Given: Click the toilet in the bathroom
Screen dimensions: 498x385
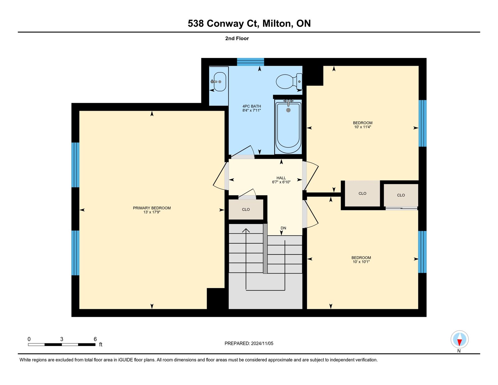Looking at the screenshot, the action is tap(289, 81).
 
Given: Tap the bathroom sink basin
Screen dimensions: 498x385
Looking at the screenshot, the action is tap(219, 82).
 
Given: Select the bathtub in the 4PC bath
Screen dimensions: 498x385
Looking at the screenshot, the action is tap(288, 126).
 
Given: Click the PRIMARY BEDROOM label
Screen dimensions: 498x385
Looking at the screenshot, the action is tap(152, 208).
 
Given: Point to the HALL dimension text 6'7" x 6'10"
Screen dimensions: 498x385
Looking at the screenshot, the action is tap(281, 182).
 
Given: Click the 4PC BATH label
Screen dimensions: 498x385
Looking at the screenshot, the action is tap(251, 106).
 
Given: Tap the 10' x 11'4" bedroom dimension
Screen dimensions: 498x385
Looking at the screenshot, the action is tap(363, 127).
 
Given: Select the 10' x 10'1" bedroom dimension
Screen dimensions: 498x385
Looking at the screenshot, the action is tap(361, 262).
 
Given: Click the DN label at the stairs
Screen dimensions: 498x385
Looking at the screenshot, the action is tap(283, 228).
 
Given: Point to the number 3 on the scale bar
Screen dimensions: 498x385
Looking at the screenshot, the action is tap(62, 339).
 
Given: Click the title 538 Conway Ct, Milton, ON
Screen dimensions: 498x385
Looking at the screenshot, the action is tap(249, 23).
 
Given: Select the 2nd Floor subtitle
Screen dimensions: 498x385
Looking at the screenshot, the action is tap(237, 38).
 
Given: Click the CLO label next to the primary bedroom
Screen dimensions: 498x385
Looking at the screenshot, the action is tap(246, 209).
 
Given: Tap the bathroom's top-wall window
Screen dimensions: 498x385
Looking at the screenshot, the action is tap(251, 62).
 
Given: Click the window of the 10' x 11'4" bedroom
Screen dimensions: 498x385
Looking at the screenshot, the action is tap(422, 123).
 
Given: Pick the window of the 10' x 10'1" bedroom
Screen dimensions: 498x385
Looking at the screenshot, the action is tap(422, 252).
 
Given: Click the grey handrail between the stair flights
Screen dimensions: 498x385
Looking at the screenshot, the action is tap(265, 249).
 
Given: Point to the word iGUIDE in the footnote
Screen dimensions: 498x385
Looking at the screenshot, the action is tap(125, 360).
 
